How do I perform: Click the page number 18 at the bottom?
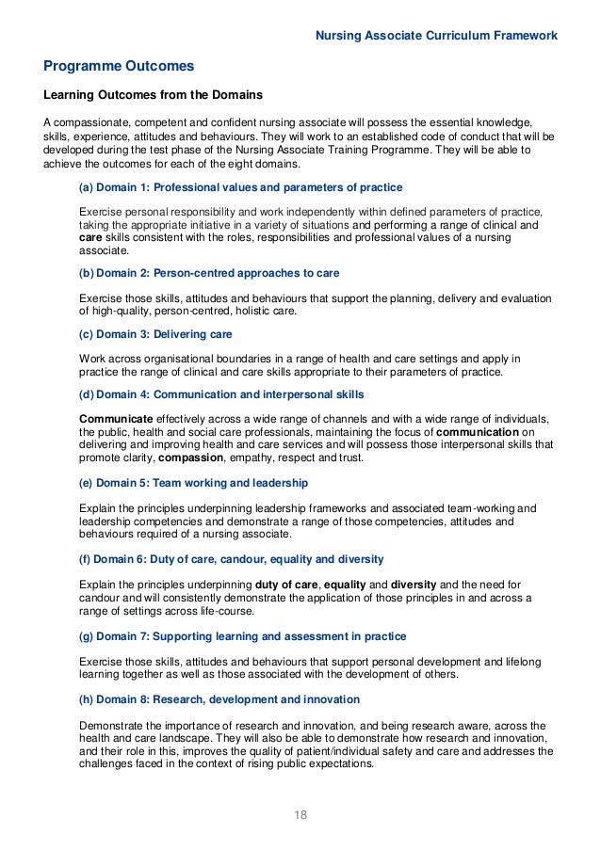(x=300, y=814)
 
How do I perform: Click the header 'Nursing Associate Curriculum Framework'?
(x=436, y=36)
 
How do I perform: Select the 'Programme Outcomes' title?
(x=119, y=67)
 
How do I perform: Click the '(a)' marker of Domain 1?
(x=87, y=187)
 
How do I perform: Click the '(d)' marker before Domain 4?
(x=87, y=394)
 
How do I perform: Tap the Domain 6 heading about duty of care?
(x=231, y=557)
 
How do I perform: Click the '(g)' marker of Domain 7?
(x=87, y=636)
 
